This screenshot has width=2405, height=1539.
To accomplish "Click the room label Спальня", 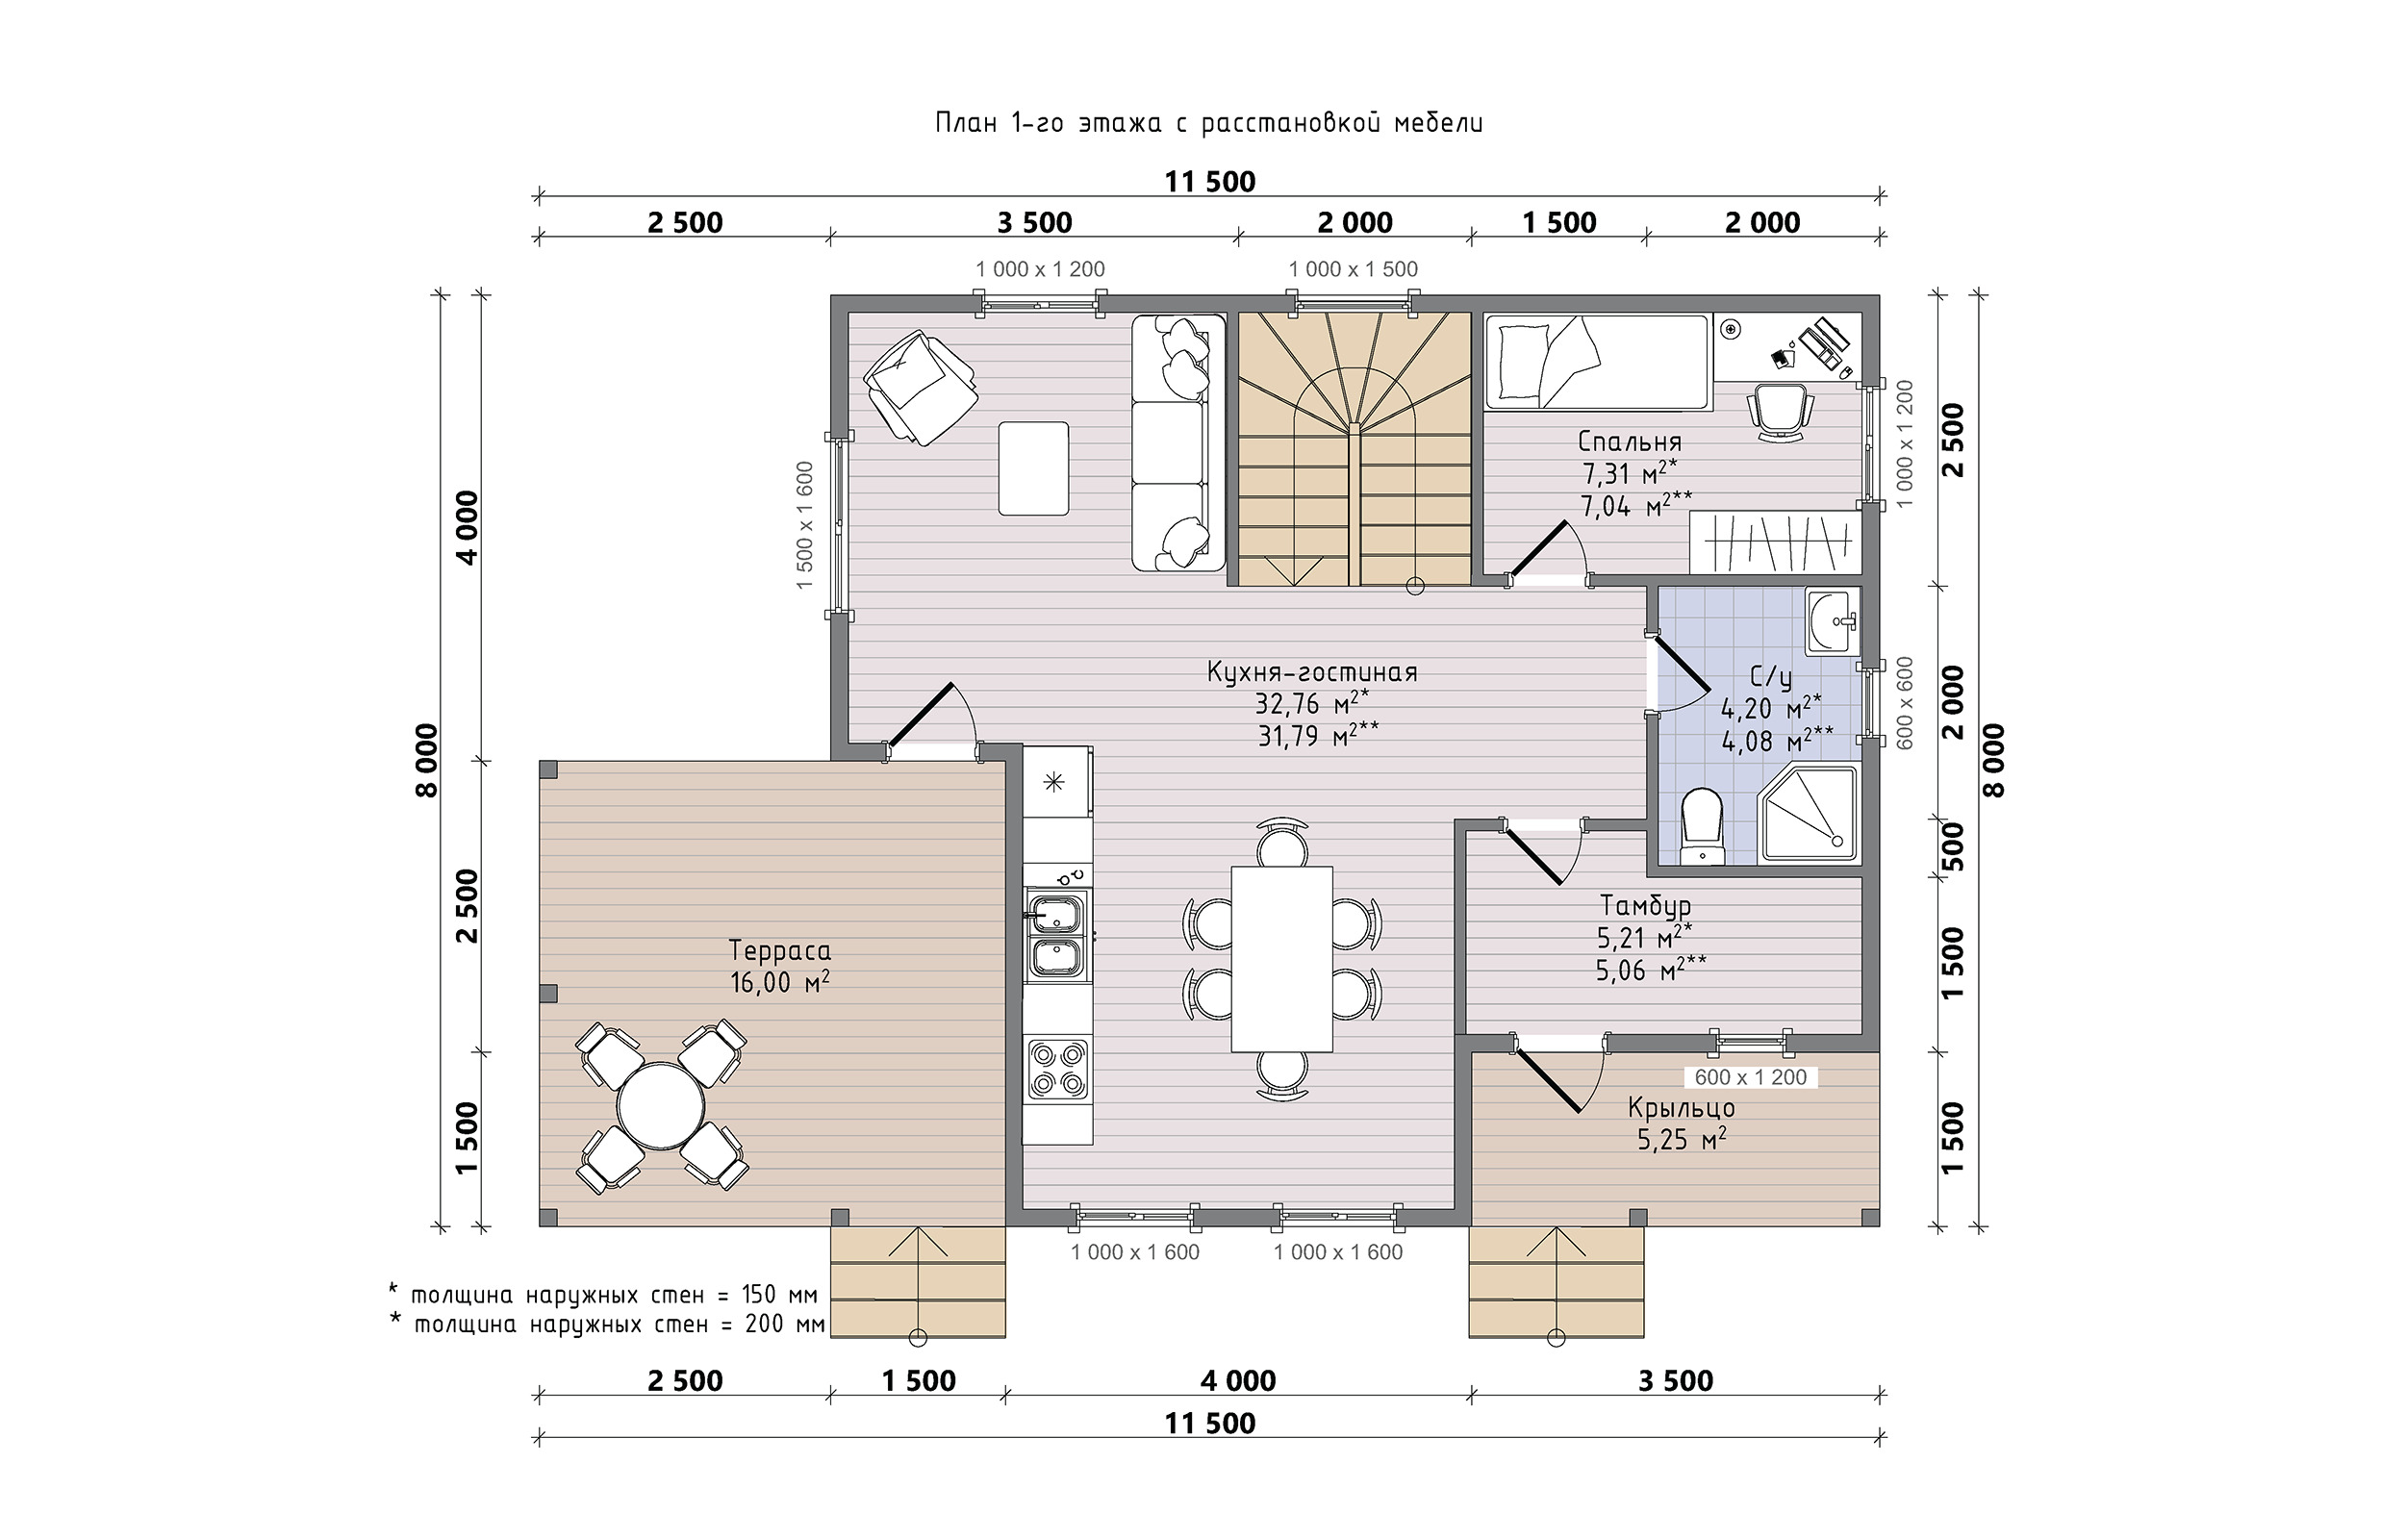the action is (1630, 442).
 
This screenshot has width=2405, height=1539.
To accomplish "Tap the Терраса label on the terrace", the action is (779, 950).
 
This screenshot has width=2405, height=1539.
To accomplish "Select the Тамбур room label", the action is (1646, 905).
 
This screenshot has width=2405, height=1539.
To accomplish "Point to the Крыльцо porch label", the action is (1682, 1107).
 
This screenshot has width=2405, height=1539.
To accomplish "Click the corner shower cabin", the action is (1808, 815).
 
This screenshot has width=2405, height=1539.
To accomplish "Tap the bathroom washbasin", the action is (1833, 621).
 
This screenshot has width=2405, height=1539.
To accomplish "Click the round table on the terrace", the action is (661, 1107).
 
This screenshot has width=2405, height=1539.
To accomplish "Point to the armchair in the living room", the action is (920, 387).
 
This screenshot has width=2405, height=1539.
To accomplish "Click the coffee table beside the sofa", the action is (1033, 467).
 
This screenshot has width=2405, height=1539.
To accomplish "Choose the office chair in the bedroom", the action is (1780, 411).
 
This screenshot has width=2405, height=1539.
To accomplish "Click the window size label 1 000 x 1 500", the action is (1353, 268).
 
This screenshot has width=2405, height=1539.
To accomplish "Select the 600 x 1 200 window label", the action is (1751, 1077).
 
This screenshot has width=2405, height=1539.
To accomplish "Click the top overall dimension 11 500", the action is (1209, 182).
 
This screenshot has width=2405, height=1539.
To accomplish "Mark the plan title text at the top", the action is (1208, 123).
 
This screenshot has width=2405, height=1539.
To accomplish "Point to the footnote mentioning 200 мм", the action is (607, 1325).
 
